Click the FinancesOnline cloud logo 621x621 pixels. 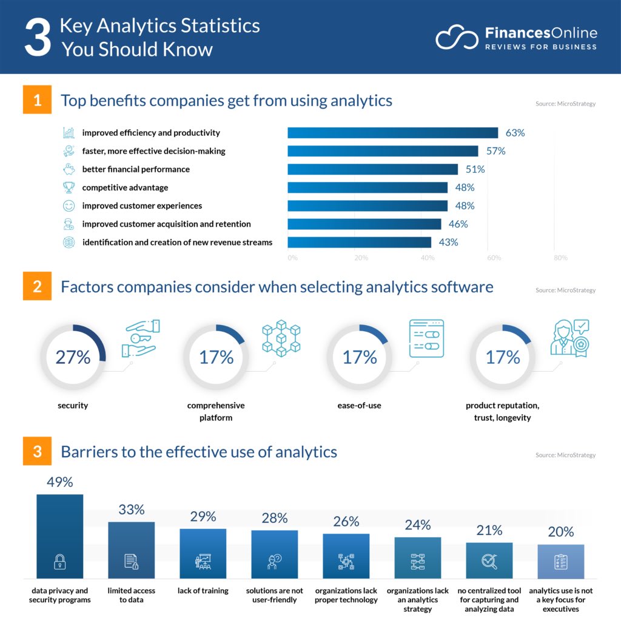[x=455, y=38]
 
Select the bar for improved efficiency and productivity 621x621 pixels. [x=392, y=133]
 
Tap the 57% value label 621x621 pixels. [x=495, y=151]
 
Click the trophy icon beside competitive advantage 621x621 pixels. [x=69, y=187]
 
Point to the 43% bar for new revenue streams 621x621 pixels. [x=359, y=242]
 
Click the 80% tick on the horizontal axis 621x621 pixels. [x=560, y=258]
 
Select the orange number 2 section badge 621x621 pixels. [x=38, y=286]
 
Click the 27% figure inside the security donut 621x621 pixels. [x=73, y=357]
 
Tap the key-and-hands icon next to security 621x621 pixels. [x=139, y=338]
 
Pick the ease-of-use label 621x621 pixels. [x=360, y=405]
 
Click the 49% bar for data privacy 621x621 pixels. [x=59, y=536]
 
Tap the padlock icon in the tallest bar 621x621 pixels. [x=59, y=562]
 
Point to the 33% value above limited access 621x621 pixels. [x=132, y=510]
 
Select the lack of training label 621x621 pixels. [x=203, y=591]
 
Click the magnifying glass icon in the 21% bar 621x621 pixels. [x=489, y=562]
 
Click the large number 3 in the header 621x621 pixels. [x=38, y=38]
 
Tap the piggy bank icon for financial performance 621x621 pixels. [x=69, y=169]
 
